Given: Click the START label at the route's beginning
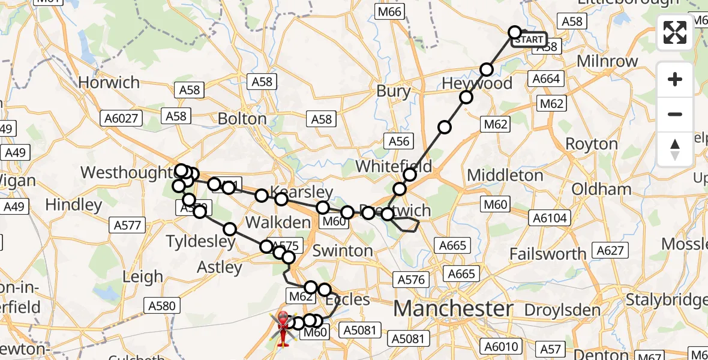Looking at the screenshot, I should [529, 40].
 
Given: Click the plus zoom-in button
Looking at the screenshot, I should [675, 79].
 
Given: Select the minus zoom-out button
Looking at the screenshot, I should [675, 114].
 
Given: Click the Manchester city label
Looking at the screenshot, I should [454, 309].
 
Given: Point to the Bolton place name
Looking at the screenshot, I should [242, 118].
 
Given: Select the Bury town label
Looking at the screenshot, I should [394, 92].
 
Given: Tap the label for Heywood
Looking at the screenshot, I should [477, 83].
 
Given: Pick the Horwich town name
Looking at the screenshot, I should [109, 82].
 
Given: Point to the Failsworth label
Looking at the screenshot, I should [548, 254].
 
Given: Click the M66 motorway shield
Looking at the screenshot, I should [390, 11].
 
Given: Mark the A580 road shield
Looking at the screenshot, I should [161, 306].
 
